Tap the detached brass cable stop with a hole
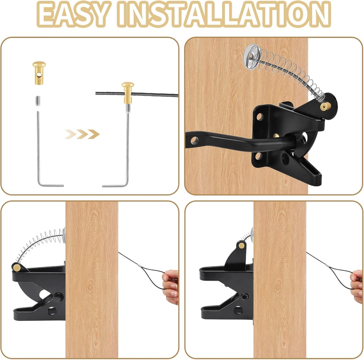pos(39,73)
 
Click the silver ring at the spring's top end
pos(252,56)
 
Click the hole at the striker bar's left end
pos(194,140)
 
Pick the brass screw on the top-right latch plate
pos(275,136)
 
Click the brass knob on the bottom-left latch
pos(16,266)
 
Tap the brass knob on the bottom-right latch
pos(242,245)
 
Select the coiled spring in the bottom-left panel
pos(39,242)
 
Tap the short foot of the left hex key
pos(52,185)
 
